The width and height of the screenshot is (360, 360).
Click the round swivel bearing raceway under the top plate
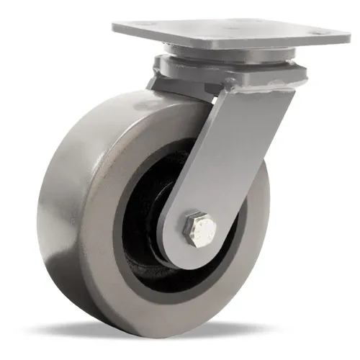click(x=230, y=54)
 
